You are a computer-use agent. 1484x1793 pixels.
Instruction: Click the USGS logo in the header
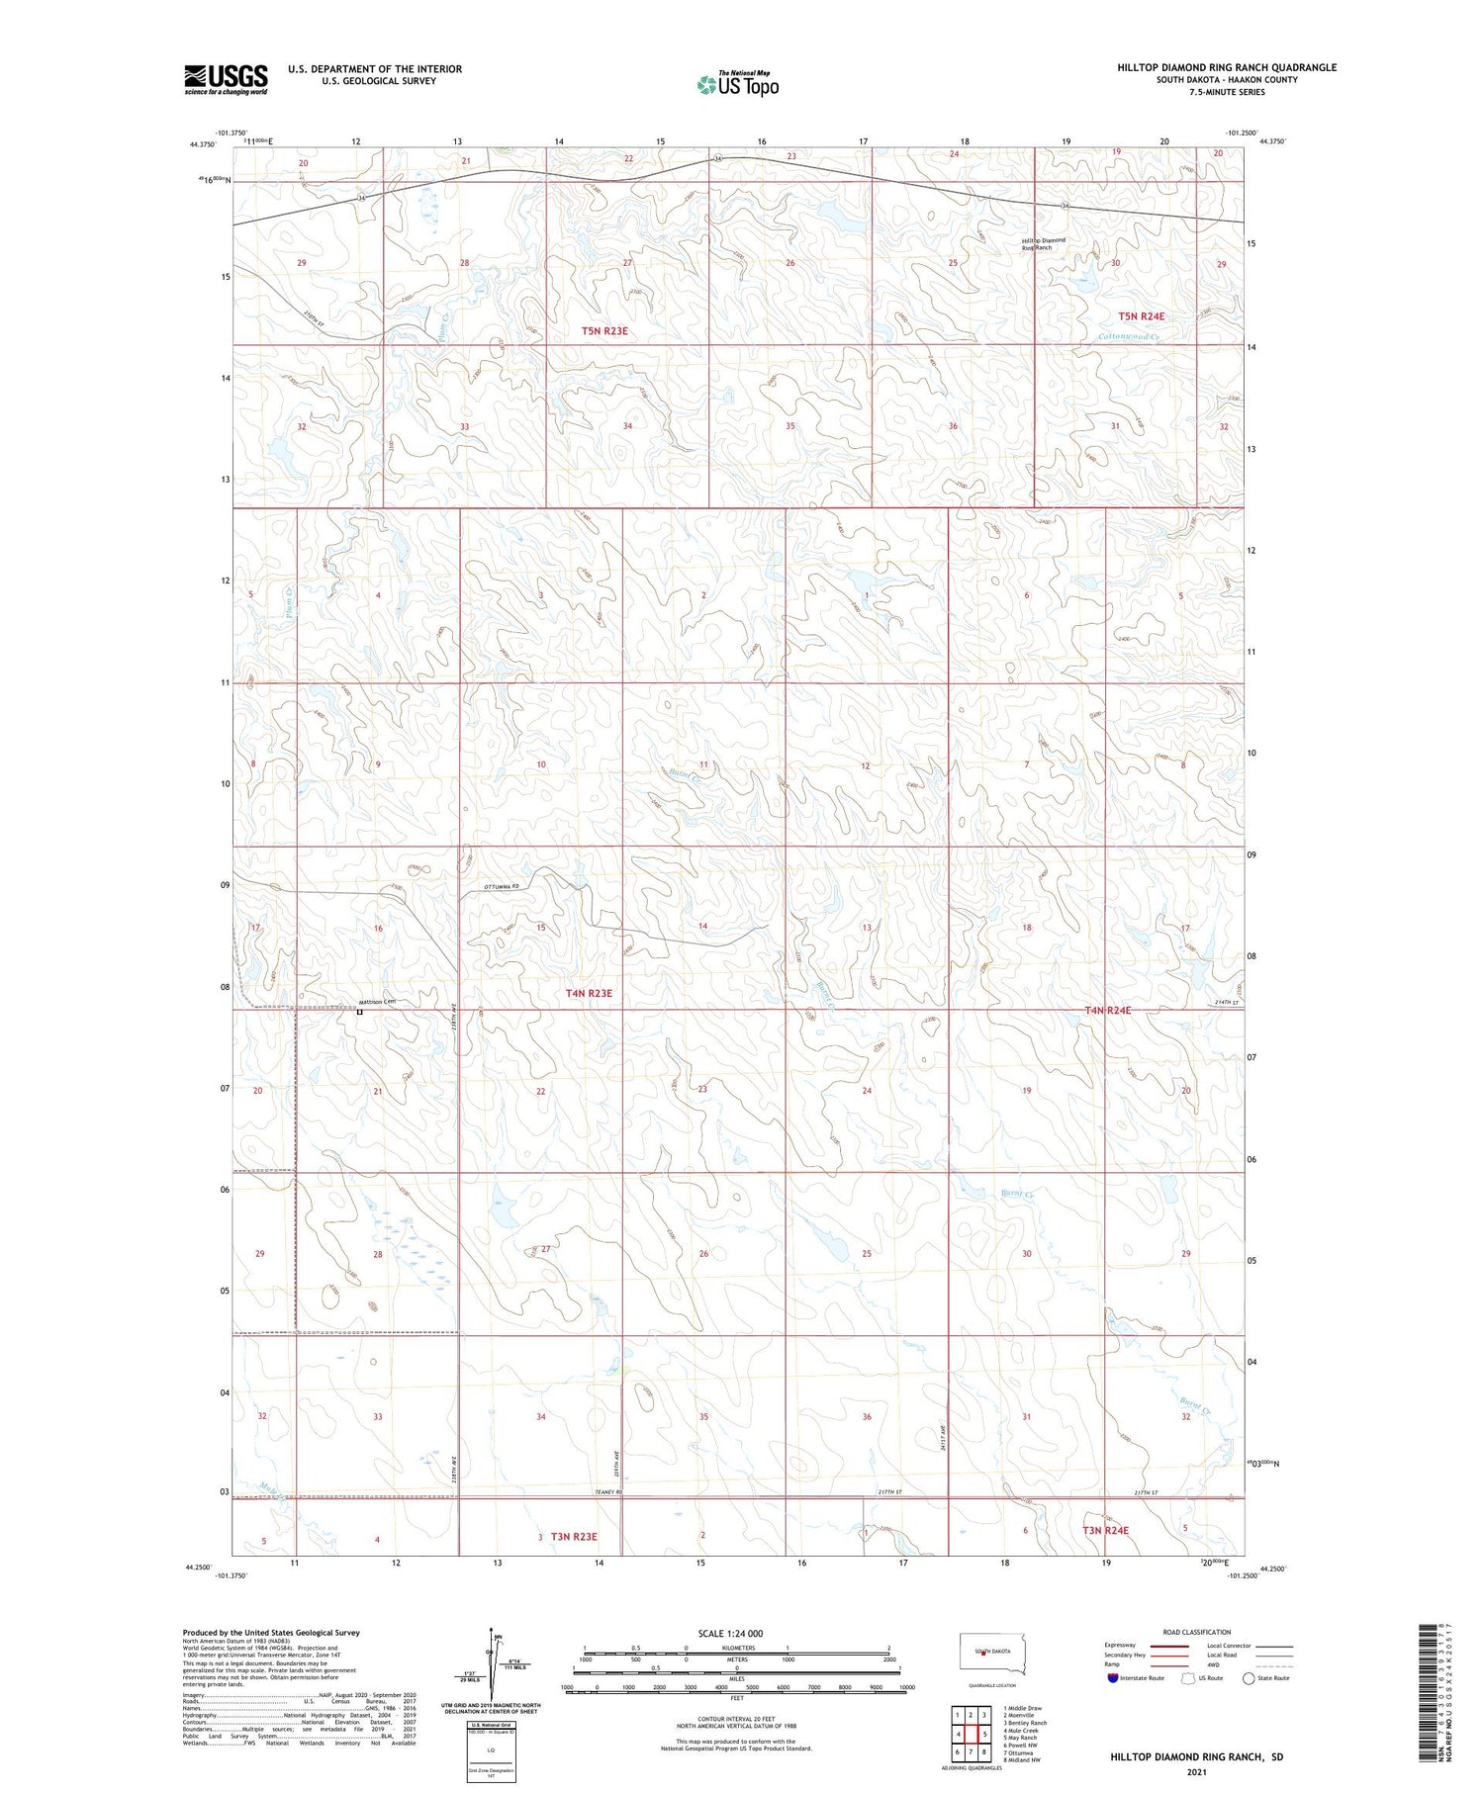pyautogui.click(x=226, y=79)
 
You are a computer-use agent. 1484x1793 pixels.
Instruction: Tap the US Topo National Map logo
pyautogui.click(x=738, y=84)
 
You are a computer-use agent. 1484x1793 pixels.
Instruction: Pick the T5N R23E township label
pyautogui.click(x=604, y=331)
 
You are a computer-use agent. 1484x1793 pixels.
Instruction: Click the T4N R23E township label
pyautogui.click(x=589, y=993)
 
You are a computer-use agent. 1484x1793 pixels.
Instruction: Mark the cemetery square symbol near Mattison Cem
pyautogui.click(x=360, y=1012)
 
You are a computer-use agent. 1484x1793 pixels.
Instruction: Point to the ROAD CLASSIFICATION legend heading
pyautogui.click(x=1197, y=1632)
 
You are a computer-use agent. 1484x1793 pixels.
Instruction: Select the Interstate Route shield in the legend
pyautogui.click(x=1113, y=1678)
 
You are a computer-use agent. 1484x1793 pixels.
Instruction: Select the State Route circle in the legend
pyautogui.click(x=1249, y=1678)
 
